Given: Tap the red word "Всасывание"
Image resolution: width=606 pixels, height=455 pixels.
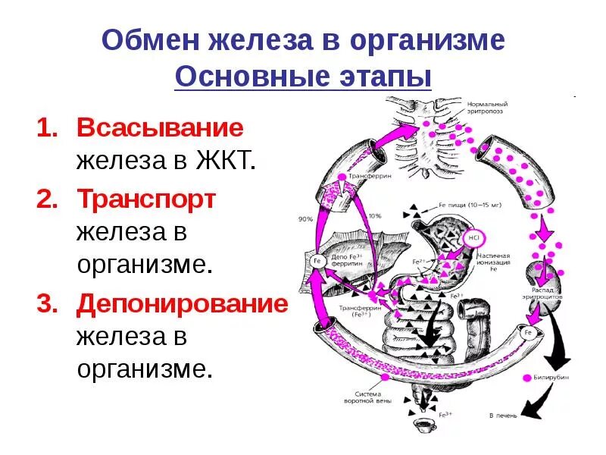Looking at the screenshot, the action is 160,127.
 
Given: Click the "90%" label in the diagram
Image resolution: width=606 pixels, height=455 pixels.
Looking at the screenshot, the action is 305,218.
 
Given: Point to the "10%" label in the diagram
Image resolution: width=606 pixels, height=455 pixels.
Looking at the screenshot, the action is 374,216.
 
